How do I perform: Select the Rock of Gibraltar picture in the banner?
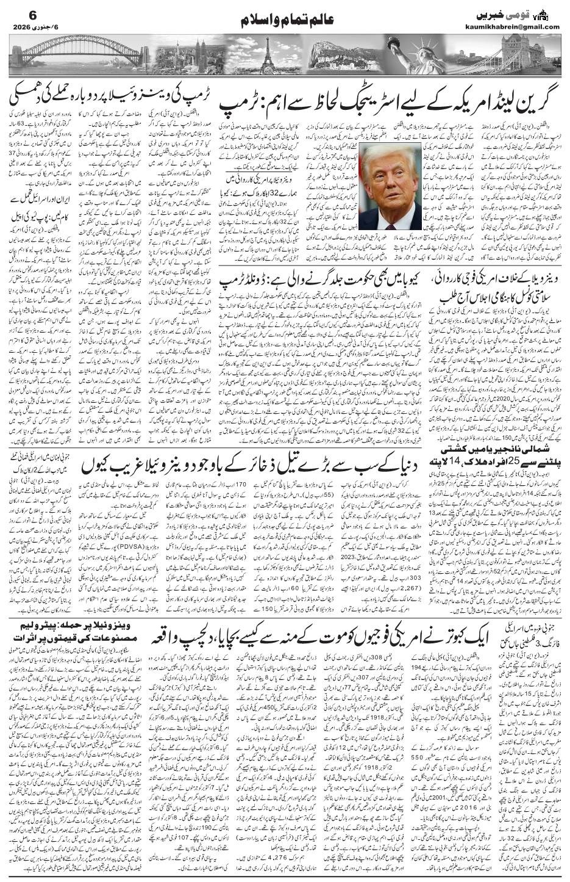[x=341, y=57]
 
